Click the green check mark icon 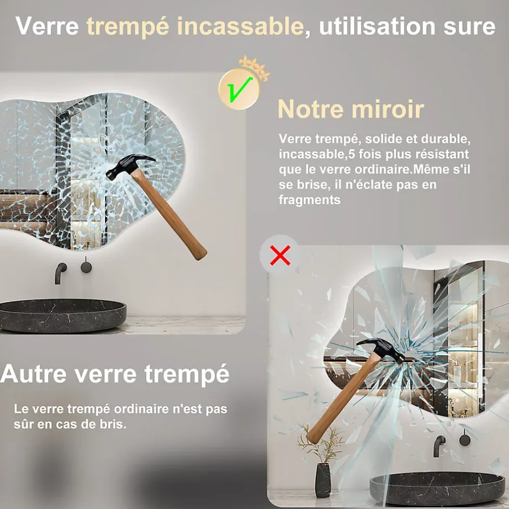[x=239, y=89]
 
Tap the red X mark [x=280, y=256]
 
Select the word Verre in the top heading [x=47, y=26]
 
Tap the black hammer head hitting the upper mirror [x=129, y=166]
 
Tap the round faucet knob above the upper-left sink [x=86, y=267]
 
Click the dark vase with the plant [x=323, y=480]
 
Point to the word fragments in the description [x=309, y=200]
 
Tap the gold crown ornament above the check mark [x=255, y=67]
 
